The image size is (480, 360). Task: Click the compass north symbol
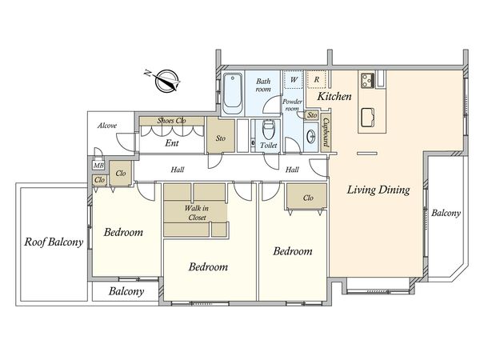[166, 81]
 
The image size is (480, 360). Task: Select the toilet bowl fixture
[269, 130]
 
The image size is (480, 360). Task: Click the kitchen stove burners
[367, 81]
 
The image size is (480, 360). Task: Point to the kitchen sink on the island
[369, 118]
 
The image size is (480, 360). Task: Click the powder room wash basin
[310, 137]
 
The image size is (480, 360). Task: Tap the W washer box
[294, 79]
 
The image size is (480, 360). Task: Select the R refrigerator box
[317, 79]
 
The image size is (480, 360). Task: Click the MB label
[98, 166]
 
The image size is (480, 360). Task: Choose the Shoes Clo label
[171, 121]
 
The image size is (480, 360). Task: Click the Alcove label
[107, 126]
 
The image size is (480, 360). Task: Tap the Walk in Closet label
[197, 213]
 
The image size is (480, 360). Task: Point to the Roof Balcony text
[54, 242]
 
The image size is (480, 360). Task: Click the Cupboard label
[326, 133]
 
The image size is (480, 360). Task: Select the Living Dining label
[378, 190]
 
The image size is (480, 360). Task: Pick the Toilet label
[269, 145]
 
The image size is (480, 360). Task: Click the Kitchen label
[334, 97]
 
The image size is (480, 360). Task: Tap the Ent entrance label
[172, 143]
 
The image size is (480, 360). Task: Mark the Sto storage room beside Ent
[221, 135]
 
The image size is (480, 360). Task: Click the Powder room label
[292, 105]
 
